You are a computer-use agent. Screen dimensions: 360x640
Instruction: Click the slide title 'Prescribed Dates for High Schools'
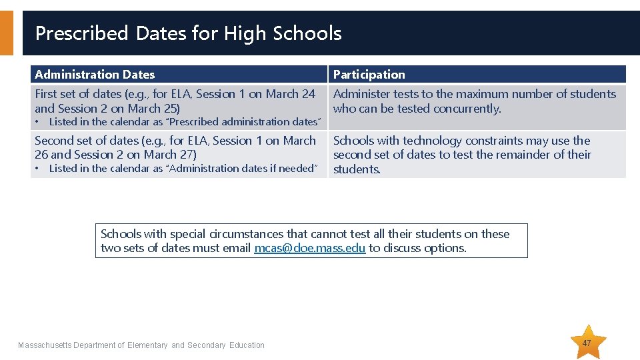click(x=188, y=33)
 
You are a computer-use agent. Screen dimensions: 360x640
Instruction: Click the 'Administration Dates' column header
click(x=95, y=75)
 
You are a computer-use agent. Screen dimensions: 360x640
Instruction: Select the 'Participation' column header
click(x=369, y=75)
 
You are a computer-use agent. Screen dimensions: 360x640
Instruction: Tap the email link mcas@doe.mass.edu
click(x=309, y=248)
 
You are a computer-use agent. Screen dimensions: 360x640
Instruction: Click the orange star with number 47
click(x=587, y=343)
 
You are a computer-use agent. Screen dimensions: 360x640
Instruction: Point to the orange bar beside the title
click(x=6, y=33)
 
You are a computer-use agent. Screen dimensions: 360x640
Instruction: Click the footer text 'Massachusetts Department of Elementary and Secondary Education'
click(x=141, y=345)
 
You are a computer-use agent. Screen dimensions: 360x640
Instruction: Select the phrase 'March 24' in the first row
click(x=290, y=94)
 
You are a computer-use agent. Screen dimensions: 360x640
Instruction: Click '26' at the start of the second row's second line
click(x=41, y=155)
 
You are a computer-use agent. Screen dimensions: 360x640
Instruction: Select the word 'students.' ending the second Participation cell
click(x=357, y=169)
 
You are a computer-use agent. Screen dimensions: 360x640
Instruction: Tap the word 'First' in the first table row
click(x=46, y=94)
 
